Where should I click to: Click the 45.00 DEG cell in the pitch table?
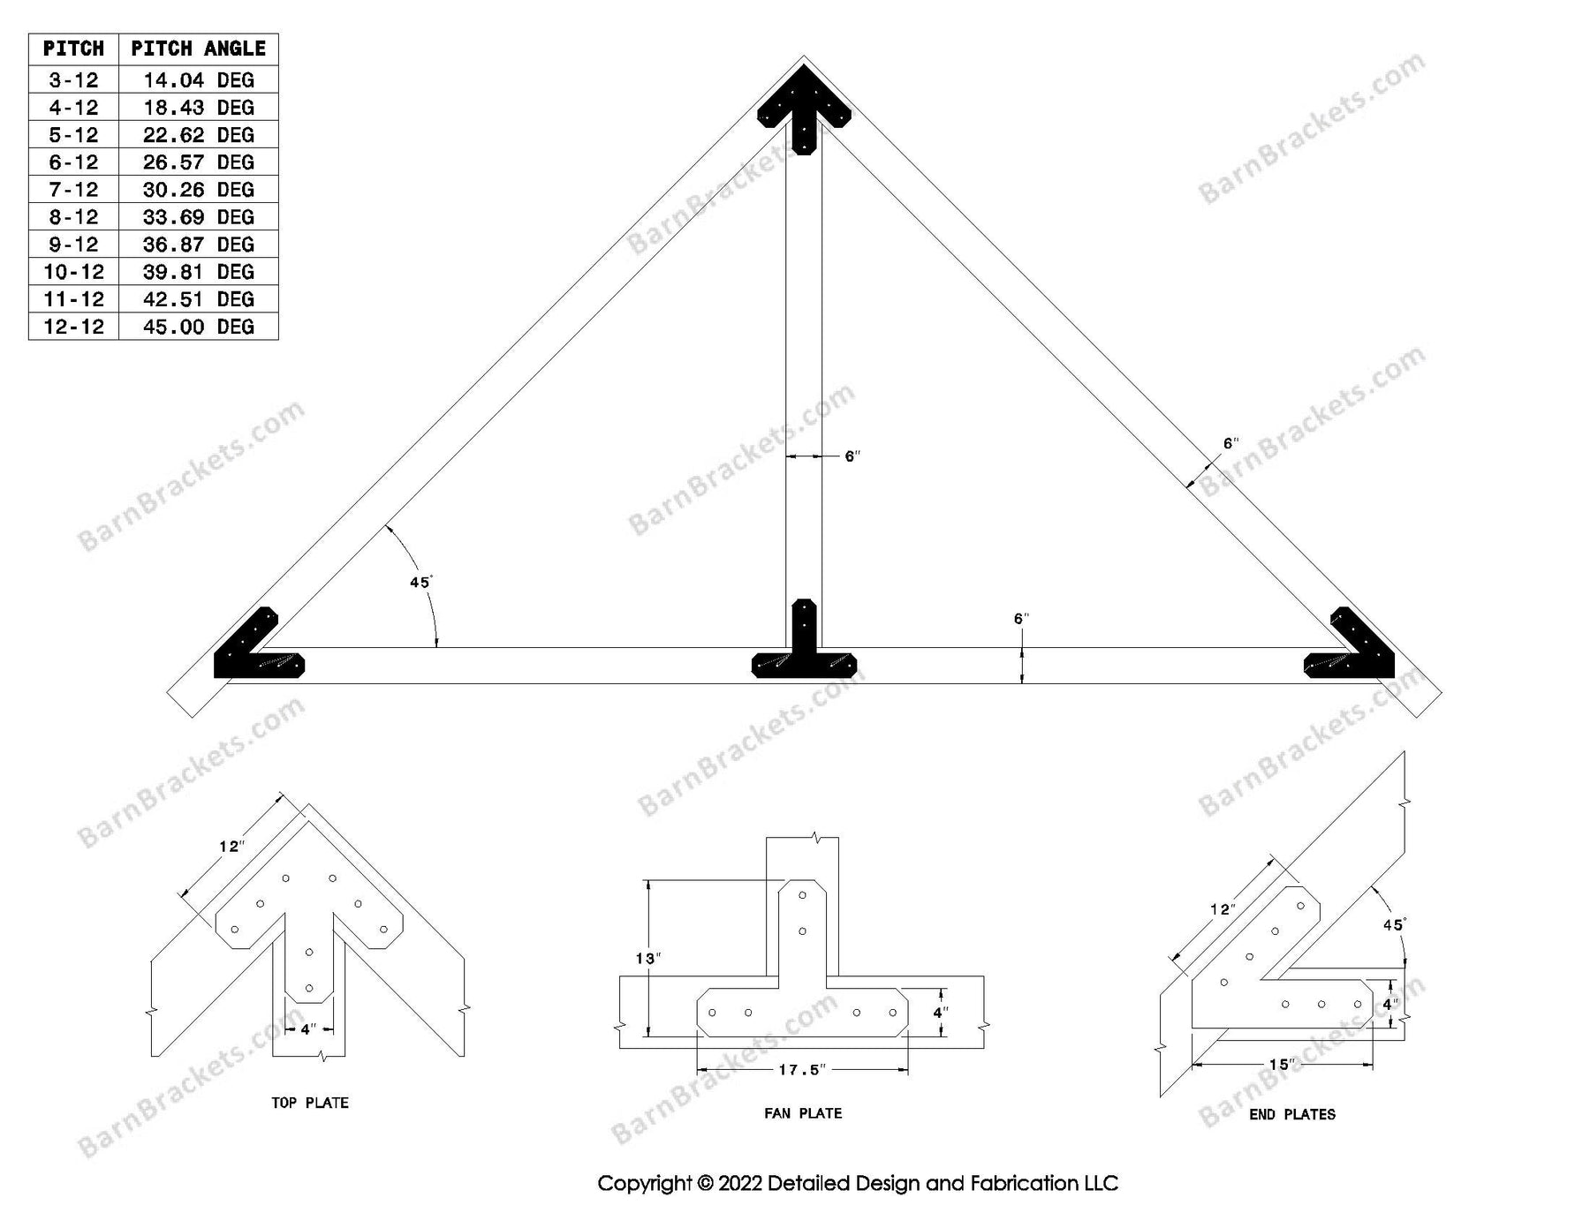point(198,327)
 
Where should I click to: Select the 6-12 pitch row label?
point(73,162)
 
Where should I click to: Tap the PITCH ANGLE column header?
point(198,49)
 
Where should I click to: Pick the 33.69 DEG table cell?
point(198,217)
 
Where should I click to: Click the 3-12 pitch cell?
point(73,80)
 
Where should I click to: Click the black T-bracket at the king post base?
point(804,649)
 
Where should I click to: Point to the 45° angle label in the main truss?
point(420,583)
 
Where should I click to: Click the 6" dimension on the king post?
point(852,456)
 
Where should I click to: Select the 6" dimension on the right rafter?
point(1230,443)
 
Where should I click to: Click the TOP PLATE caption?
point(309,1103)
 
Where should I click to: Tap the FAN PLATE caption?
point(803,1114)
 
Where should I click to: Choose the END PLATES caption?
point(1291,1115)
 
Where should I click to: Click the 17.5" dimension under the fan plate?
point(801,1070)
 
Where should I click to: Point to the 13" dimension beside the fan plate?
point(647,959)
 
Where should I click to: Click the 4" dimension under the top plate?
point(307,1029)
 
